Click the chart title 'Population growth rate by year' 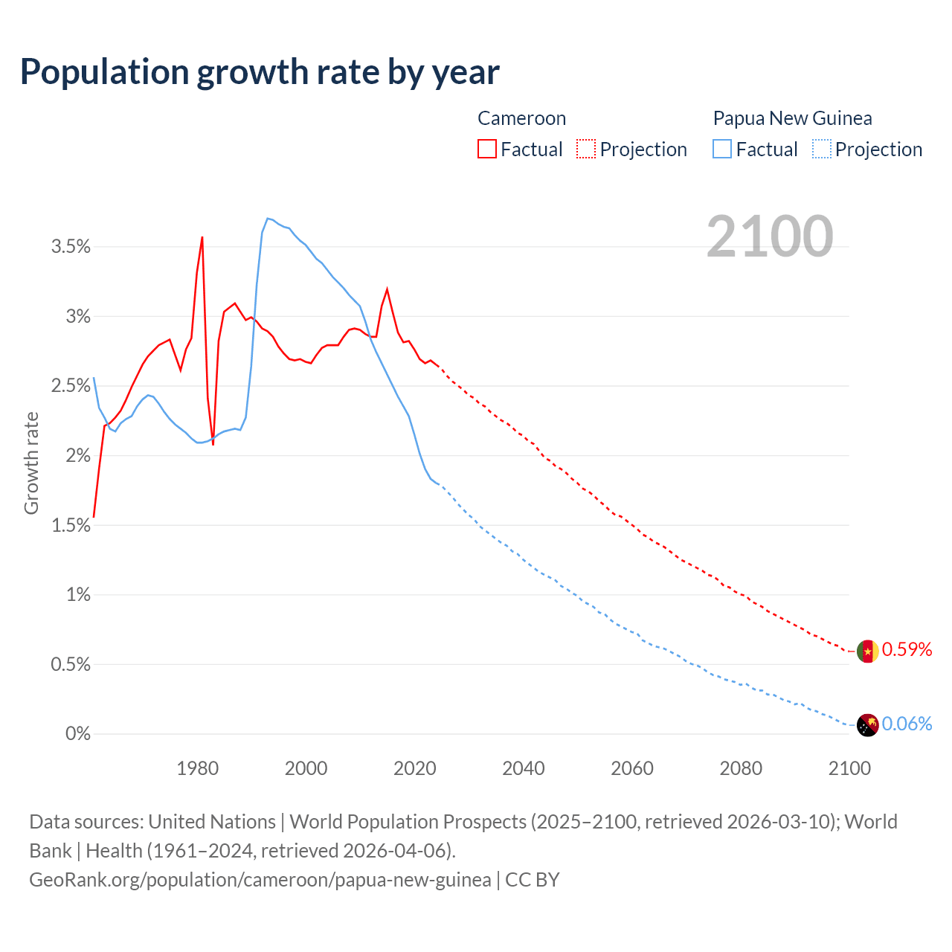(x=260, y=72)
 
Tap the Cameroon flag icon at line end (x=868, y=652)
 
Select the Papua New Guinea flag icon (x=868, y=724)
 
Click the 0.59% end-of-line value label (x=907, y=650)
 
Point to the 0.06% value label (x=907, y=724)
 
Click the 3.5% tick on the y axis (x=71, y=247)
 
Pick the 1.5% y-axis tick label (x=71, y=526)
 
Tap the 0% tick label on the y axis (x=78, y=734)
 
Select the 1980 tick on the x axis (x=198, y=768)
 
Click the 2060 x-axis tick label (x=632, y=768)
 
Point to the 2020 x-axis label (x=415, y=768)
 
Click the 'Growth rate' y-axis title (x=31, y=463)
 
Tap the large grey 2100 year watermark (x=770, y=237)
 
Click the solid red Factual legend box (x=487, y=149)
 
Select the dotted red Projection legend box (x=586, y=149)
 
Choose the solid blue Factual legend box (x=722, y=149)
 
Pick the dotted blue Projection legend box (x=821, y=149)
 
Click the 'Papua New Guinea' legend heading (x=792, y=118)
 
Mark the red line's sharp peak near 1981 (x=202, y=237)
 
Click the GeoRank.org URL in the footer (x=260, y=880)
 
